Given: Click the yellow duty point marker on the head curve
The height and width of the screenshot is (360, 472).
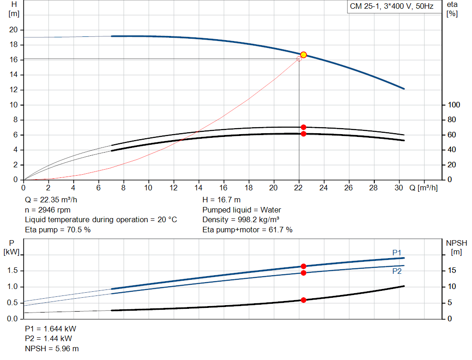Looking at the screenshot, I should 303,55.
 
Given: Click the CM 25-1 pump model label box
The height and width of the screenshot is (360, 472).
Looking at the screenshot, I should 391,7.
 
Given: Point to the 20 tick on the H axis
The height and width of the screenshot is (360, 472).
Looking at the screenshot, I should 13,30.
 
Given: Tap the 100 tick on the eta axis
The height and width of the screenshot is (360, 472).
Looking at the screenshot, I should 454,105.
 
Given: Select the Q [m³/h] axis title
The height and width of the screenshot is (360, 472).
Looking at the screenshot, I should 423,188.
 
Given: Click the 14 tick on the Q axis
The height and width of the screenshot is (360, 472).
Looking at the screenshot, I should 199,188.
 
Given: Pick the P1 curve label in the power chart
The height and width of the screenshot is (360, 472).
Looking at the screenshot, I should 397,252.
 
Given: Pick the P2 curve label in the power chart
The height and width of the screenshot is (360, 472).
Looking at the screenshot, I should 397,271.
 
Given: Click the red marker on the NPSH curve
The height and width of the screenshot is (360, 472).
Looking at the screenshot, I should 303,300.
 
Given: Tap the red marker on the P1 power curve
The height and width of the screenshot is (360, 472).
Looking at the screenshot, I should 303,266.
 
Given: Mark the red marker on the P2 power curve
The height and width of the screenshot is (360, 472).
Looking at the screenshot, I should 303,273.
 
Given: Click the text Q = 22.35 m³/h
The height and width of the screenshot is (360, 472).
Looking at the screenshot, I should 51,200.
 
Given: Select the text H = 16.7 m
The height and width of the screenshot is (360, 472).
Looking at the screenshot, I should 221,200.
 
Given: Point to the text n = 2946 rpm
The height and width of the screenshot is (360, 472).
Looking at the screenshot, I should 48,210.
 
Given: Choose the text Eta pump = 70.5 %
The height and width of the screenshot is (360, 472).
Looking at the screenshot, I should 58,230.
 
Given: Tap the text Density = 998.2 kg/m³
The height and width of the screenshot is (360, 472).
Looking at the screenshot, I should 241,220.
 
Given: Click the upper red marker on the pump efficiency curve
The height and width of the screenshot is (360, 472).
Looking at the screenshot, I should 303,127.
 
